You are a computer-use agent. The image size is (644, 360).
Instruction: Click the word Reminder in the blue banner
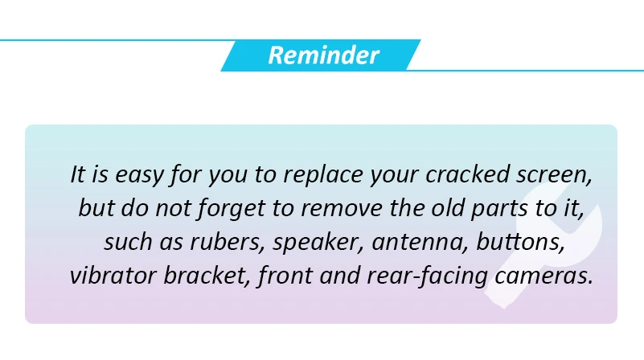(x=324, y=55)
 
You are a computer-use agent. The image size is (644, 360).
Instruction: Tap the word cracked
(x=467, y=174)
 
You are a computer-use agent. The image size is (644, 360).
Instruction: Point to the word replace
(x=323, y=175)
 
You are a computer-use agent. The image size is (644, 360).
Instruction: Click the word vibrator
(x=113, y=275)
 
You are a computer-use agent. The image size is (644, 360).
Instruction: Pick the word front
(x=285, y=276)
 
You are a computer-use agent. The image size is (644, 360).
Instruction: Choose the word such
(x=128, y=242)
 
